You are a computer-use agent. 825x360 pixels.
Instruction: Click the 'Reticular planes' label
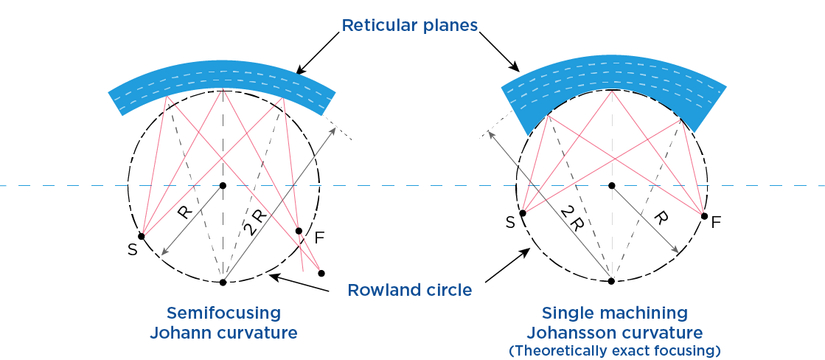(x=410, y=26)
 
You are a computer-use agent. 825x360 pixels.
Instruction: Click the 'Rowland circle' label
(x=410, y=290)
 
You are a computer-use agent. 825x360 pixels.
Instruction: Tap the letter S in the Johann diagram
(x=132, y=249)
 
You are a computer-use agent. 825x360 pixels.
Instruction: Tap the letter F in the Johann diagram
(x=319, y=238)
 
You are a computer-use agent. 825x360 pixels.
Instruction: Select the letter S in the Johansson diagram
(x=509, y=223)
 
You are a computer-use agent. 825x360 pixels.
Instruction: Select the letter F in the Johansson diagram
(x=715, y=221)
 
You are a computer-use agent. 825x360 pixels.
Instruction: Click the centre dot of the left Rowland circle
(x=223, y=185)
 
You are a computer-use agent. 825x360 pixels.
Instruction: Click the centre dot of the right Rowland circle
(x=611, y=185)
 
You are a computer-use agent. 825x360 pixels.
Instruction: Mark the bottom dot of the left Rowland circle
(x=223, y=282)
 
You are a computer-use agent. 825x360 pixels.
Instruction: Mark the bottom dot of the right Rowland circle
(x=611, y=280)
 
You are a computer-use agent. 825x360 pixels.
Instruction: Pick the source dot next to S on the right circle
(x=523, y=213)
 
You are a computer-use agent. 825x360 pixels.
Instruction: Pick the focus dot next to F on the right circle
(x=704, y=216)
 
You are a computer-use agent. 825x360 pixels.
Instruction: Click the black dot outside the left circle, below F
(x=321, y=273)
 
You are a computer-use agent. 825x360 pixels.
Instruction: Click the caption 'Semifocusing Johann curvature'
(x=223, y=322)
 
